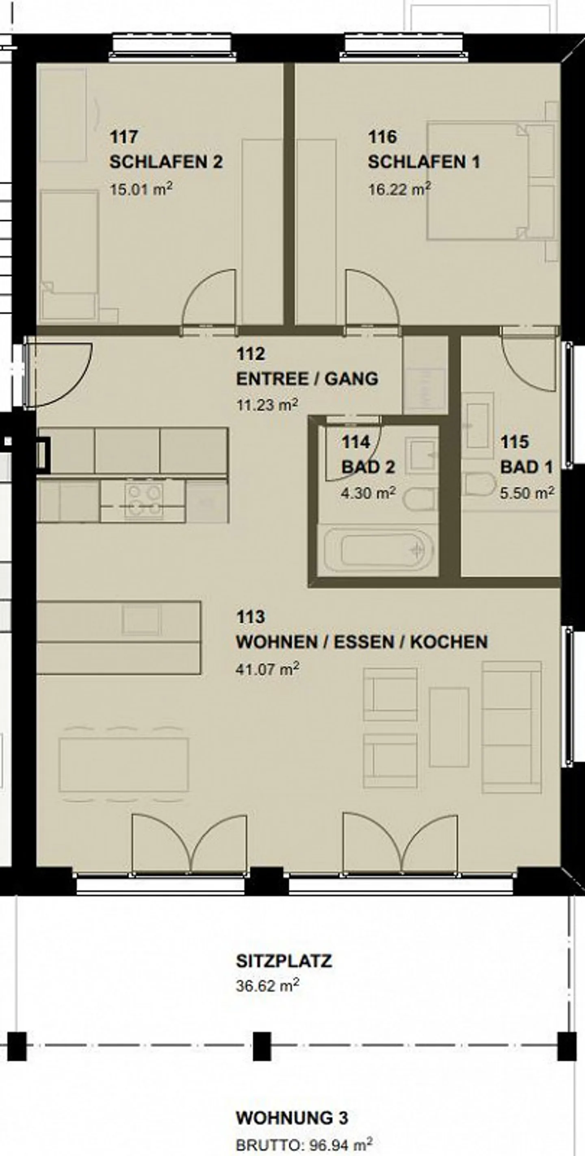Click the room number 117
tap(124, 137)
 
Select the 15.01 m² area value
tap(141, 189)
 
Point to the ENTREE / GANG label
tap(307, 379)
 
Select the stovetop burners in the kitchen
tap(143, 500)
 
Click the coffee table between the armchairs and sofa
tap(448, 727)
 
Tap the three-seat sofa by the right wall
tap(511, 727)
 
